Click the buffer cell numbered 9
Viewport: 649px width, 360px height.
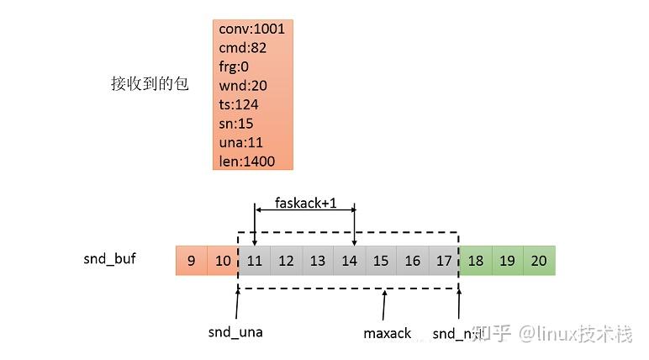(x=191, y=261)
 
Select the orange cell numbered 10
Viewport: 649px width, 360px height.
(x=223, y=261)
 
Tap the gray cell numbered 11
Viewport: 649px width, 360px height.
(x=255, y=261)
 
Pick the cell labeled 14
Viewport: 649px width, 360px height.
(x=350, y=261)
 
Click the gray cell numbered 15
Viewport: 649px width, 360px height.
(x=381, y=261)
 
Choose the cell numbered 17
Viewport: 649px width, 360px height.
(x=444, y=261)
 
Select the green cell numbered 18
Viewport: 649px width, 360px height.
(x=476, y=261)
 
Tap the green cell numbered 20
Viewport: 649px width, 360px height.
(x=539, y=261)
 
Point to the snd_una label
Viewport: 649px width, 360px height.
(x=235, y=332)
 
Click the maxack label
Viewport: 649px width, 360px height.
(x=388, y=333)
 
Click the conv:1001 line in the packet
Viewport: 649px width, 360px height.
(x=251, y=29)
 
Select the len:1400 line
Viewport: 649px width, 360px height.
(x=247, y=161)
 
